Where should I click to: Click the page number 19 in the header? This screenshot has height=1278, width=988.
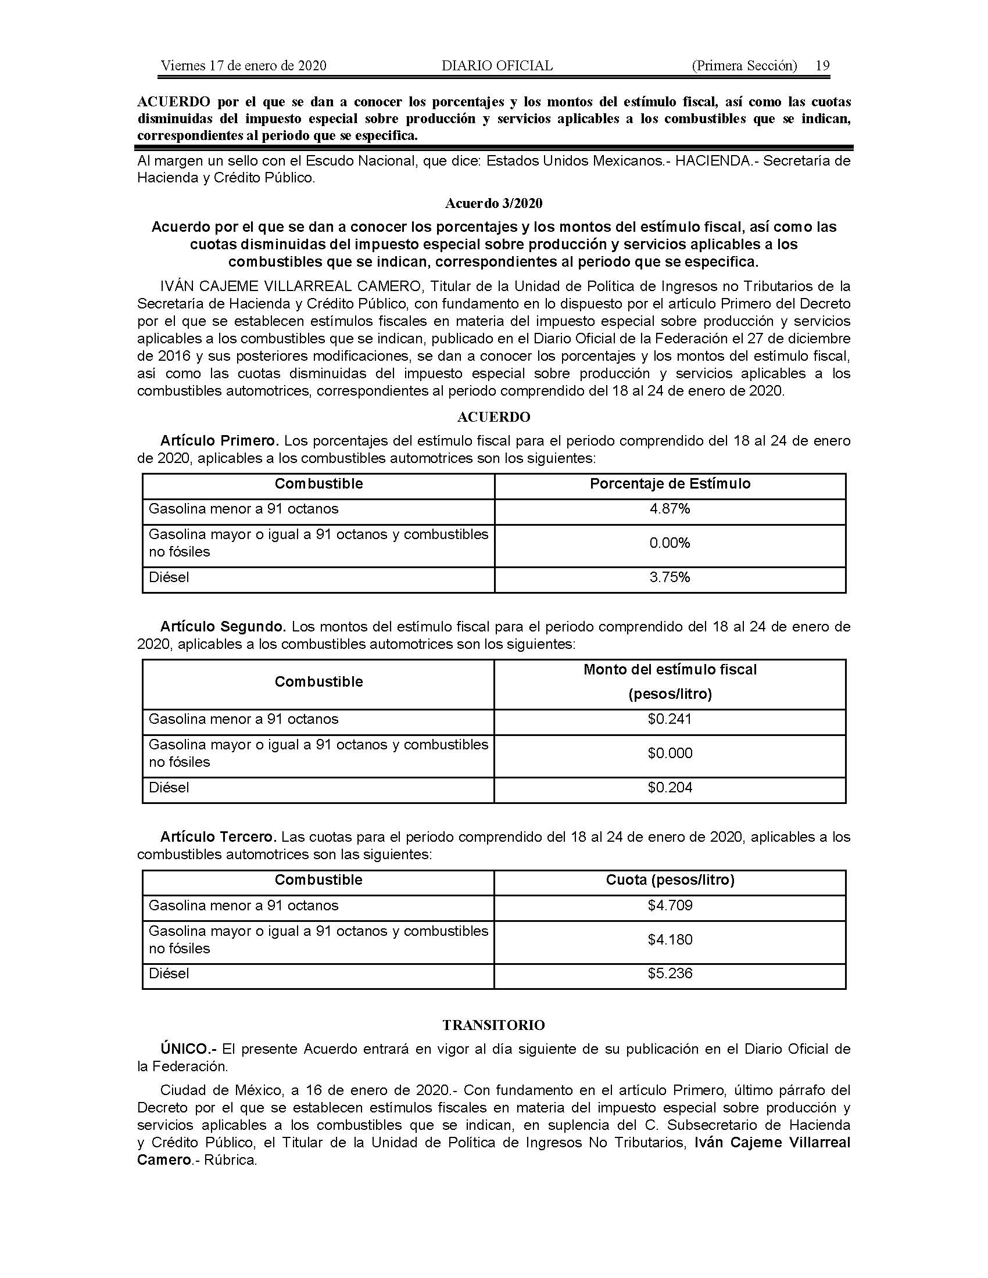point(822,66)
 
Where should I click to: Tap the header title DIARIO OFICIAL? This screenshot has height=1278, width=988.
point(497,66)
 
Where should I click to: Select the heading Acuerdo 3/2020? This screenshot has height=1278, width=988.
point(493,203)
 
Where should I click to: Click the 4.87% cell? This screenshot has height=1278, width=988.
point(670,508)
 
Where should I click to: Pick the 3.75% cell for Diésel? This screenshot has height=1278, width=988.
point(670,577)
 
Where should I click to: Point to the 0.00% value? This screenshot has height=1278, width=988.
point(670,543)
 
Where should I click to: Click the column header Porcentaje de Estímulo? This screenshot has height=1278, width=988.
point(670,483)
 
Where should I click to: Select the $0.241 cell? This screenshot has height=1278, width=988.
point(670,719)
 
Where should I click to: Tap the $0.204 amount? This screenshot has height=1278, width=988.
point(670,787)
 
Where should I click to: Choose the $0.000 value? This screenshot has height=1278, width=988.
point(670,752)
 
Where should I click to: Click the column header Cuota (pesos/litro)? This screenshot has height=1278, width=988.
point(670,879)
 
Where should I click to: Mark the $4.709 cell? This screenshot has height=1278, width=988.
point(670,905)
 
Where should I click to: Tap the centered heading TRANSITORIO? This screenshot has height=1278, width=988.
point(493,1025)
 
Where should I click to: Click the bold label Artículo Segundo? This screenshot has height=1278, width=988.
point(223,627)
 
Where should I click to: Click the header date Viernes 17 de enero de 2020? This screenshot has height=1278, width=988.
point(244,66)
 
